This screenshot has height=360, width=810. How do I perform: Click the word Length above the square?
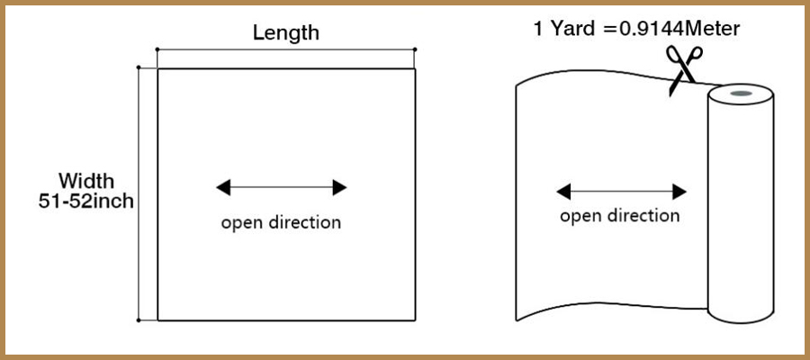click(285, 33)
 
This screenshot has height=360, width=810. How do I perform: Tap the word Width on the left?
click(86, 180)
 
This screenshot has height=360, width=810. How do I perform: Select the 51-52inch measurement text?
click(86, 201)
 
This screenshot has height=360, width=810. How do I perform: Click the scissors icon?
click(683, 68)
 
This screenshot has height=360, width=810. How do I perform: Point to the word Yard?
click(575, 29)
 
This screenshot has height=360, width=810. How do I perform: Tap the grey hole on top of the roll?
click(742, 93)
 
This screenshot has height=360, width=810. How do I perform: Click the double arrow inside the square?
click(282, 187)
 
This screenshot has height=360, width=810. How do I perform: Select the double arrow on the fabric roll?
click(622, 191)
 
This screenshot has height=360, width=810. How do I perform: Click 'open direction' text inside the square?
click(282, 221)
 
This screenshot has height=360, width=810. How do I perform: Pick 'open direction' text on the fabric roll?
click(620, 215)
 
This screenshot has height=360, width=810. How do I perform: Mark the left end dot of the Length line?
click(157, 49)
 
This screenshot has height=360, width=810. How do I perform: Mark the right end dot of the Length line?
click(416, 49)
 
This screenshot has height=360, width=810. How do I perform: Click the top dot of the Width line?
click(139, 67)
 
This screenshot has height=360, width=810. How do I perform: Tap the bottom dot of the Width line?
click(139, 319)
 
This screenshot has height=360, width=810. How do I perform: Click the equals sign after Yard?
click(609, 30)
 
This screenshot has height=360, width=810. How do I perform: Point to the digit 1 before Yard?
click(538, 29)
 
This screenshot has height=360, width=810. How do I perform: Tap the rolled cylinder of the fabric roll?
click(741, 207)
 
